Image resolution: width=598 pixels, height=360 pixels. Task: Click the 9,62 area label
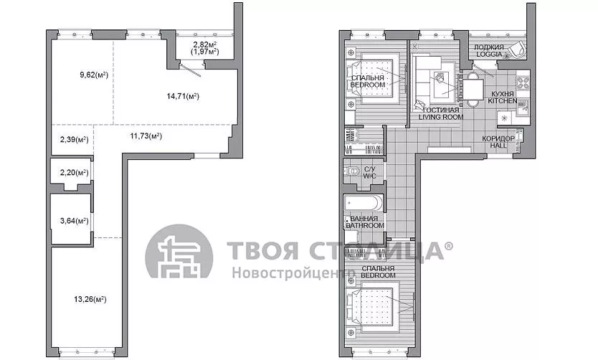click(x=94, y=75)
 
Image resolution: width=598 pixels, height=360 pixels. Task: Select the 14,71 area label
click(x=183, y=96)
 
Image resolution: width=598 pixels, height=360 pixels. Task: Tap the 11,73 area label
click(x=146, y=136)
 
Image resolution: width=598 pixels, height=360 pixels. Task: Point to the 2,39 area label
click(x=75, y=140)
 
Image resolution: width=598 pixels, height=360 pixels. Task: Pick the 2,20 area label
click(x=75, y=173)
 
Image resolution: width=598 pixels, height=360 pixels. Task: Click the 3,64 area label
click(x=75, y=220)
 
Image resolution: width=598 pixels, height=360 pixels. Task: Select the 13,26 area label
click(x=90, y=299)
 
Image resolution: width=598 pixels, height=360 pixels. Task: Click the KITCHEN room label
click(x=503, y=101)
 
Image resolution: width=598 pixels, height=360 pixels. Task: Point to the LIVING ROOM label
click(x=441, y=117)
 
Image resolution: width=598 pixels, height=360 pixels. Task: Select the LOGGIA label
click(x=489, y=55)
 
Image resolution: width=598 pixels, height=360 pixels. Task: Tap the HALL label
click(x=498, y=146)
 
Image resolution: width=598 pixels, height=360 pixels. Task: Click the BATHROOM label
click(x=365, y=225)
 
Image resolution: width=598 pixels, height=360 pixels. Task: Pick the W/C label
click(x=369, y=176)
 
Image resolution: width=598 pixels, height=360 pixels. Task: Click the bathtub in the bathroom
click(x=363, y=203)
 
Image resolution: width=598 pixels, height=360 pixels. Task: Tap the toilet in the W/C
click(x=352, y=171)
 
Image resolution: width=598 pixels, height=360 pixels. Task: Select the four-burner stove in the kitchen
click(x=523, y=83)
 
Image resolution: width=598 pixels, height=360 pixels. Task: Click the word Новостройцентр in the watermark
click(x=293, y=273)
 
